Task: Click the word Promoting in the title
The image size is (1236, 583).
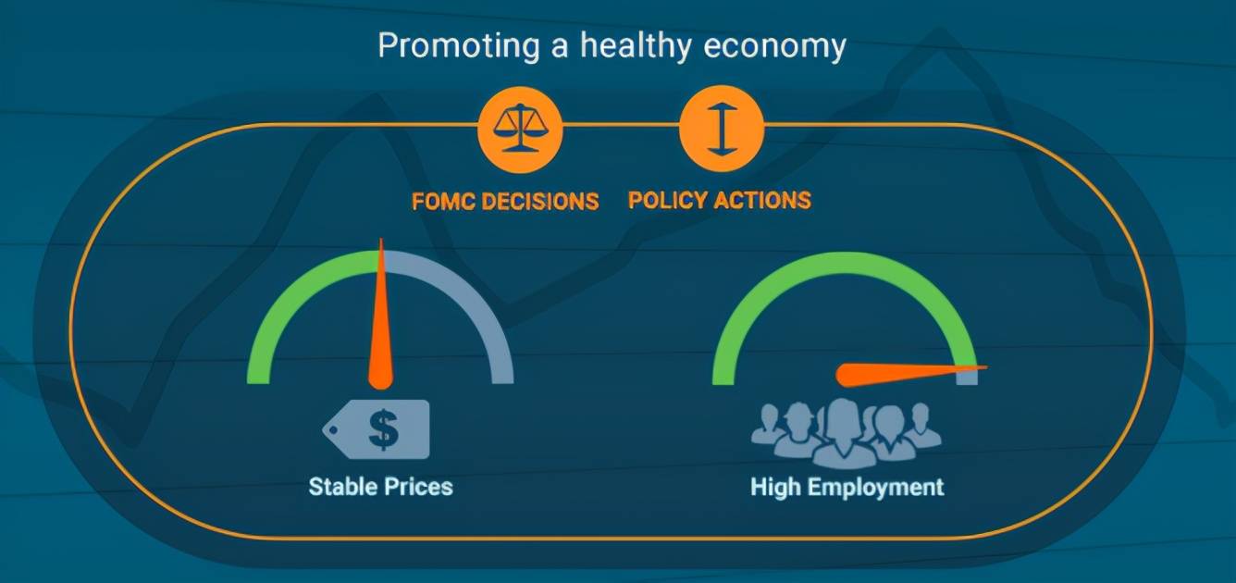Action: pyautogui.click(x=459, y=46)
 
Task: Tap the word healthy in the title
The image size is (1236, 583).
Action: pyautogui.click(x=636, y=46)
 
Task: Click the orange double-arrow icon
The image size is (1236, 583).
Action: pyautogui.click(x=722, y=128)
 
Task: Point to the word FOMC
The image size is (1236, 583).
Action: pyautogui.click(x=443, y=202)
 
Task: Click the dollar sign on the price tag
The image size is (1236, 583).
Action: pyautogui.click(x=384, y=429)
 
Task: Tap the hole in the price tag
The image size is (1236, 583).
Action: pyautogui.click(x=333, y=429)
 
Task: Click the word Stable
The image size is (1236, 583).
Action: pyautogui.click(x=342, y=487)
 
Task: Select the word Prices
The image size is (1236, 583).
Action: pyautogui.click(x=418, y=487)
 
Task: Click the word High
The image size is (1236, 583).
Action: pyautogui.click(x=776, y=488)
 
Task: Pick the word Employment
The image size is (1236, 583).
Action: pyautogui.click(x=876, y=488)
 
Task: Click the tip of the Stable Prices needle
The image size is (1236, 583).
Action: pyautogui.click(x=381, y=239)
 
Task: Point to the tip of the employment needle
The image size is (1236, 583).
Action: pyautogui.click(x=987, y=366)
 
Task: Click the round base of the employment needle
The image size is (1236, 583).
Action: pyautogui.click(x=847, y=376)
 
